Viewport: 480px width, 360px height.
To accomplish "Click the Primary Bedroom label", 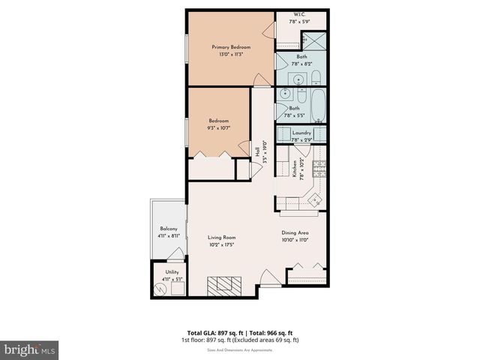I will point(230,47).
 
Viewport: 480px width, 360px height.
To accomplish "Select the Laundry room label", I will point(301,133).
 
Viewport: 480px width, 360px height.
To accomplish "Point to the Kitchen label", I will point(295,172).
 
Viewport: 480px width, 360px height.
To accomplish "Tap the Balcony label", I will point(169,229).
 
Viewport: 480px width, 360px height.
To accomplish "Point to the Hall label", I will point(258,150).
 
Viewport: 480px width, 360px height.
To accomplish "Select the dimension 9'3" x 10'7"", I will point(219,127).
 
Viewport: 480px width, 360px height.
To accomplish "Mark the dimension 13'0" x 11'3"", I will point(230,54).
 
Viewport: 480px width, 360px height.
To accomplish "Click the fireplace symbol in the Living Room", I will point(226,286).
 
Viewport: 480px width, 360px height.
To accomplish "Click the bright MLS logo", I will point(30,349).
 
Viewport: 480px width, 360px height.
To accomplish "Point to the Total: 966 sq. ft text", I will point(268,332).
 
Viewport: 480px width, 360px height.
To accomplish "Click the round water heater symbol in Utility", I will point(160,288).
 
